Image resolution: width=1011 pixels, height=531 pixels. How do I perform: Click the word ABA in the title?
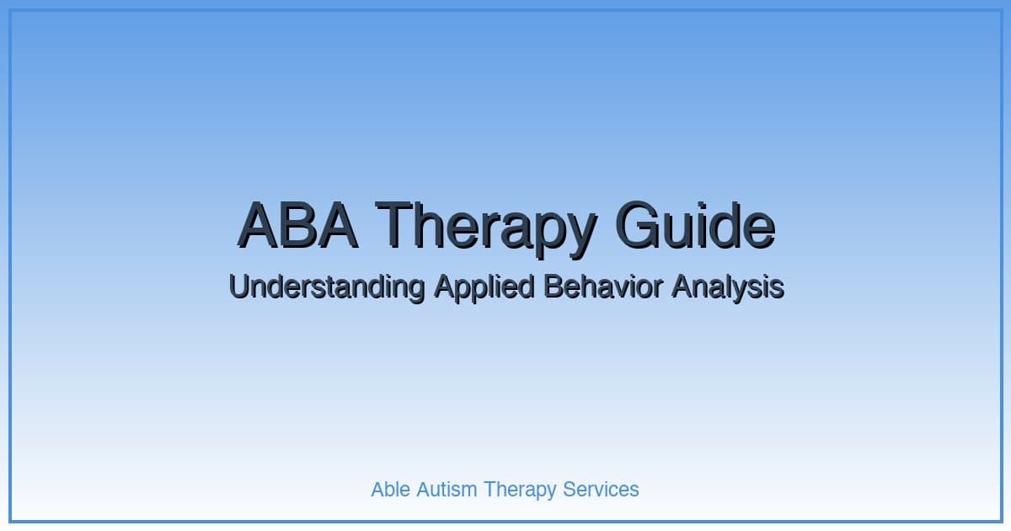tap(297, 225)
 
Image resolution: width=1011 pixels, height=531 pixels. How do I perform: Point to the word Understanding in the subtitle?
tap(326, 287)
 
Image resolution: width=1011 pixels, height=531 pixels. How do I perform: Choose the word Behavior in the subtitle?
tap(603, 287)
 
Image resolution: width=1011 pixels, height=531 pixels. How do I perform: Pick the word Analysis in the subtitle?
tap(728, 287)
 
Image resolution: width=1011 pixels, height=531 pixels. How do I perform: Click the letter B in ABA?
tap(297, 225)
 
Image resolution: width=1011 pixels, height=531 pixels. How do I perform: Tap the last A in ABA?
tap(337, 225)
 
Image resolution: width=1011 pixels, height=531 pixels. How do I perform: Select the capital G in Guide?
tap(639, 225)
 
